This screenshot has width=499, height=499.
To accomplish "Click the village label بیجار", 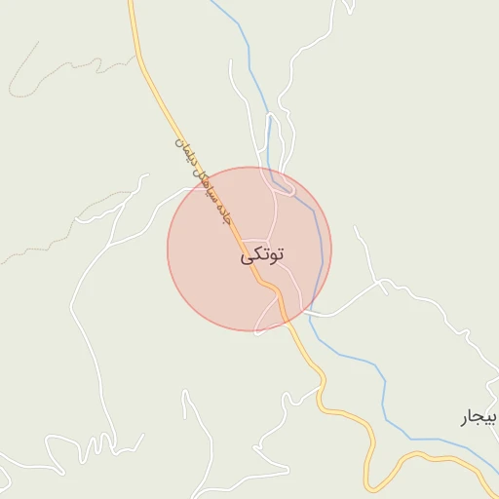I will (x=479, y=418).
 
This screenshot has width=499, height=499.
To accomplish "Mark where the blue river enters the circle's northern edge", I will (x=277, y=175).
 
